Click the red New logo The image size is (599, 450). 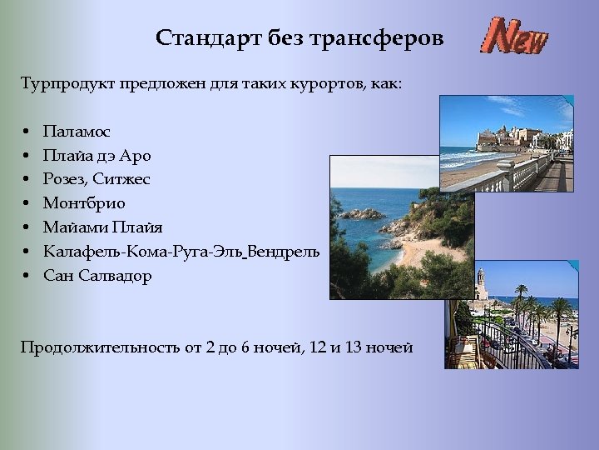(517, 36)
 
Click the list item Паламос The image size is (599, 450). (77, 132)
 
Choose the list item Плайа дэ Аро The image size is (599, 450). (97, 156)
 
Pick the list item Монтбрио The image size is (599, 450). (84, 203)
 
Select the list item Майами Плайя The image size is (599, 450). (103, 227)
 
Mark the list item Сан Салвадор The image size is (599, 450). (97, 276)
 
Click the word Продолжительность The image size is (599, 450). (101, 347)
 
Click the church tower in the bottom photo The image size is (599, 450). (481, 283)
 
